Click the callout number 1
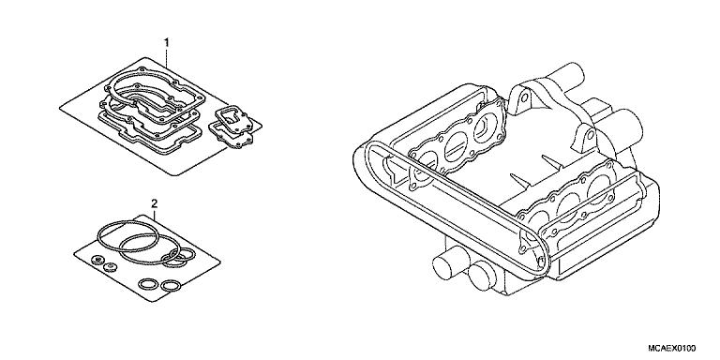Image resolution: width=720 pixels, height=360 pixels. [x=167, y=43]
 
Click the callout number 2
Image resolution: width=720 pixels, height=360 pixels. [x=154, y=202]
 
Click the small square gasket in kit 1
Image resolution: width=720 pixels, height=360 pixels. [x=229, y=122]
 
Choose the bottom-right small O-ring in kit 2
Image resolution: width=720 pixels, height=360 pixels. [x=171, y=285]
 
